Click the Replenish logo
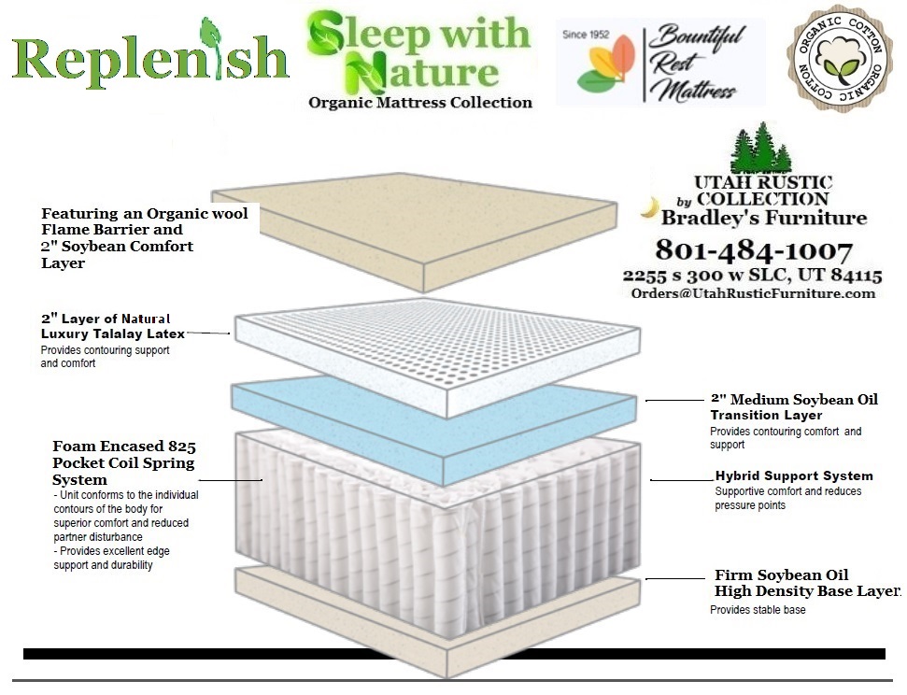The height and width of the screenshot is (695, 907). (x=150, y=55)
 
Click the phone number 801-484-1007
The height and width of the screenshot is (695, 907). (x=754, y=250)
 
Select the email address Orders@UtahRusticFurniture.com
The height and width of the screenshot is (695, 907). (x=753, y=292)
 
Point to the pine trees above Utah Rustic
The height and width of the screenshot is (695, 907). (x=760, y=147)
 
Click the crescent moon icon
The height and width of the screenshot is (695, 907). (x=651, y=207)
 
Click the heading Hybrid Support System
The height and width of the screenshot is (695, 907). (x=794, y=475)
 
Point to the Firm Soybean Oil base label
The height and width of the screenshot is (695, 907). (x=807, y=583)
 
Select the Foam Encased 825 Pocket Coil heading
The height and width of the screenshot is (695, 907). (x=124, y=462)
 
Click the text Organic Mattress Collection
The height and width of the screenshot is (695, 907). (x=420, y=103)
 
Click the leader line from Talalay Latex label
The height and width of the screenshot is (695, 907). (x=208, y=333)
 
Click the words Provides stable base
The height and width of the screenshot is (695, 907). (x=758, y=610)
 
